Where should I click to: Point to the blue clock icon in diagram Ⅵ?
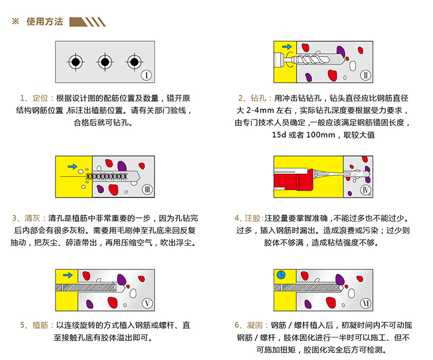(x=282, y=275)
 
